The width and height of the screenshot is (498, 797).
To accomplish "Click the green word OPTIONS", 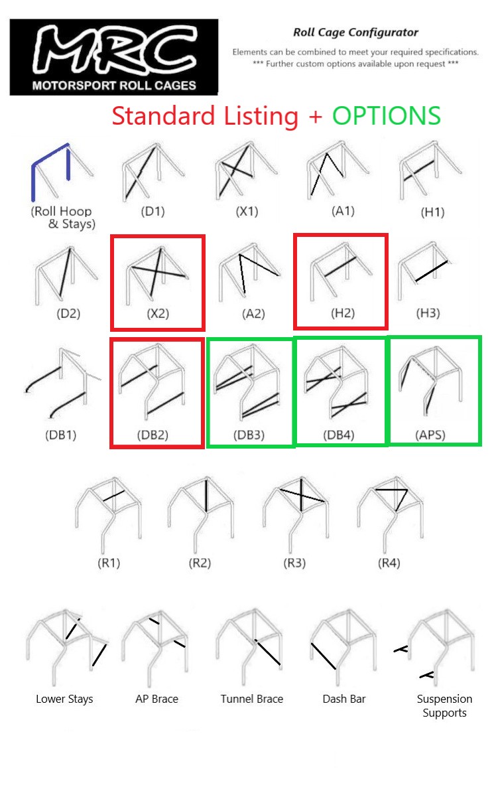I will click(x=386, y=115).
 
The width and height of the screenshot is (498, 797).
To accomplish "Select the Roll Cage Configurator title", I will click(x=355, y=32).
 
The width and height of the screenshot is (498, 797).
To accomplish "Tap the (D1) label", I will click(x=153, y=212).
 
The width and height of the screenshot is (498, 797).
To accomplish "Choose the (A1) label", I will click(x=343, y=211).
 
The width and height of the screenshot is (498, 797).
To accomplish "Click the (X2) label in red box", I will click(x=158, y=313).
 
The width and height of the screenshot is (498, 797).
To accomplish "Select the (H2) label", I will click(x=343, y=313).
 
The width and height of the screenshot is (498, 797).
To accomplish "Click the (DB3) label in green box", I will click(x=250, y=435).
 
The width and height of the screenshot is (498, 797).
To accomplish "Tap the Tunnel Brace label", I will click(x=251, y=699).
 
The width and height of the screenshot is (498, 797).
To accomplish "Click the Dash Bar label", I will click(x=344, y=699).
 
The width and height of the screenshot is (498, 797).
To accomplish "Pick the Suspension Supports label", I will click(x=444, y=705).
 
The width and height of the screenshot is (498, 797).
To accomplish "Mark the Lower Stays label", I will click(x=64, y=699).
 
